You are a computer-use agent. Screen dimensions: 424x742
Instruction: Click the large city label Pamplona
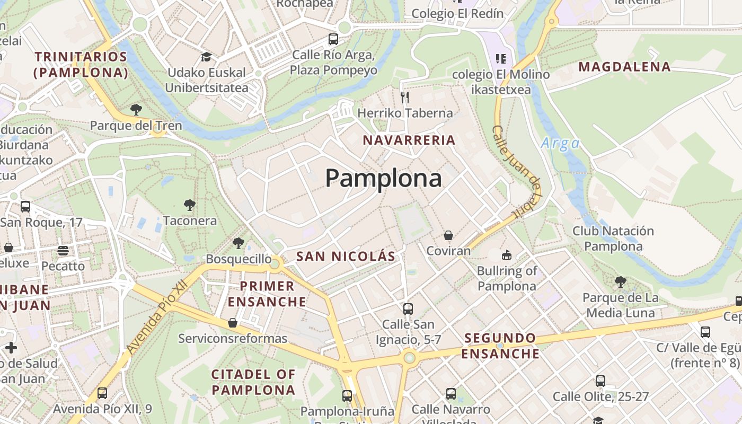pyautogui.click(x=383, y=179)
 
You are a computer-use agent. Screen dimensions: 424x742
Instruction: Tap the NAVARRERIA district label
pyautogui.click(x=409, y=140)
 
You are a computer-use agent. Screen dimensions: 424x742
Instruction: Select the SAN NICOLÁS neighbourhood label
pyautogui.click(x=346, y=257)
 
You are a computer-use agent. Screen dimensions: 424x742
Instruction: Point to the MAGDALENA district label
pyautogui.click(x=624, y=67)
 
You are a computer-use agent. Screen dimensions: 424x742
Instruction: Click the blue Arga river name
pyautogui.click(x=560, y=143)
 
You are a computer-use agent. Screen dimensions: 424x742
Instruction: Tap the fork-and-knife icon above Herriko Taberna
pyautogui.click(x=405, y=97)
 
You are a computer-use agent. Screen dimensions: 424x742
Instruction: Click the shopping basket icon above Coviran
pyautogui.click(x=448, y=235)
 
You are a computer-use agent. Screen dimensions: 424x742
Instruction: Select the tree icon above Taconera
pyautogui.click(x=189, y=205)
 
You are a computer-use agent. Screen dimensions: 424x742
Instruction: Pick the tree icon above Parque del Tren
pyautogui.click(x=136, y=110)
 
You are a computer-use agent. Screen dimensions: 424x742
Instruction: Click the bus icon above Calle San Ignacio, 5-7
pyautogui.click(x=408, y=308)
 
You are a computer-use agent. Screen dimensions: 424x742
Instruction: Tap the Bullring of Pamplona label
pyautogui.click(x=507, y=278)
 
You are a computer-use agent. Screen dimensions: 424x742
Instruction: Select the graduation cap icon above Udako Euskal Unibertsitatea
pyautogui.click(x=206, y=57)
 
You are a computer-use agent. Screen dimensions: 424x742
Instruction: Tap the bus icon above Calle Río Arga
pyautogui.click(x=333, y=39)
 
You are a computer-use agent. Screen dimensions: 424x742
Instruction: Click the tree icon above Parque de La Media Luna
pyautogui.click(x=621, y=281)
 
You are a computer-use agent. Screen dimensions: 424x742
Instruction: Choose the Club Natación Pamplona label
pyautogui.click(x=613, y=238)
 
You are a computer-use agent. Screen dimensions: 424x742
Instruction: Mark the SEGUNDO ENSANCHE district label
pyautogui.click(x=500, y=346)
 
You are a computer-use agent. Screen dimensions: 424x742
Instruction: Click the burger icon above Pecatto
pyautogui.click(x=63, y=250)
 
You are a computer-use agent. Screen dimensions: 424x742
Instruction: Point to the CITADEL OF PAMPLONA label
pyautogui.click(x=253, y=382)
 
